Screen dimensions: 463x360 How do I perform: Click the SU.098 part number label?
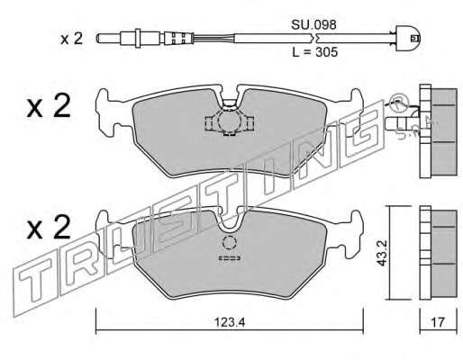pyautogui.click(x=313, y=25)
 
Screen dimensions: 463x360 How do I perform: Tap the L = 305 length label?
pyautogui.click(x=315, y=52)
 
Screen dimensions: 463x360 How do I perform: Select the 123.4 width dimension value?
pyautogui.click(x=230, y=323)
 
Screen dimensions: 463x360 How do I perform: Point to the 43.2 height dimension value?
pyautogui.click(x=382, y=253)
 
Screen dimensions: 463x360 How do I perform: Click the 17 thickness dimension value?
pyautogui.click(x=438, y=322)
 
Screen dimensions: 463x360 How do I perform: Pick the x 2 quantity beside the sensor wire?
pyautogui.click(x=71, y=39)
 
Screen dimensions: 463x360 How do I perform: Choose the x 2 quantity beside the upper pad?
pyautogui.click(x=49, y=106)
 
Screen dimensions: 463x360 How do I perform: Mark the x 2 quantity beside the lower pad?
pyautogui.click(x=49, y=228)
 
